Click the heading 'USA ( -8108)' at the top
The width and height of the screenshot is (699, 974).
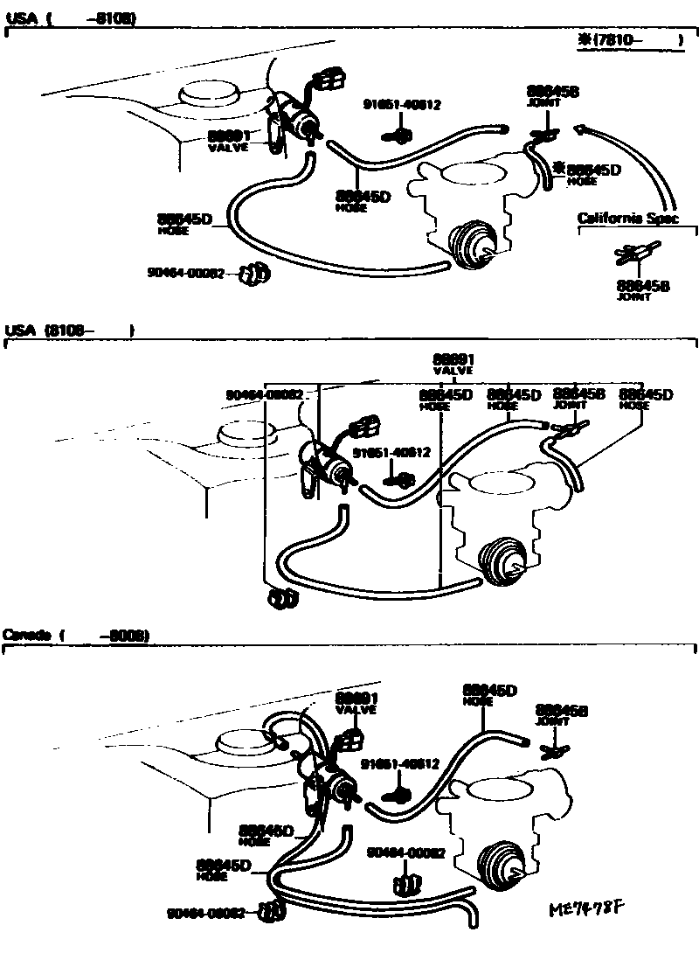coord(70,17)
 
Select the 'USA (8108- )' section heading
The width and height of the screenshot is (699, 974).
coord(70,330)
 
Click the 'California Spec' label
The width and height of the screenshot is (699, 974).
coord(627,218)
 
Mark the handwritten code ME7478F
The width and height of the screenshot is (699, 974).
coord(589,909)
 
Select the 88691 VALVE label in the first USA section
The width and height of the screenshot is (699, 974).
coord(229,141)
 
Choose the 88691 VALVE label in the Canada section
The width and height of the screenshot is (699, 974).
coord(356,703)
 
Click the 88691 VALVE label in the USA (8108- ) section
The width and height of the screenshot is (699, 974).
coord(453,364)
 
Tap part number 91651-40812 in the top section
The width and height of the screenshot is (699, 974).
coord(402,104)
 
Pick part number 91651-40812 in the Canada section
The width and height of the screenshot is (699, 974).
coord(400,763)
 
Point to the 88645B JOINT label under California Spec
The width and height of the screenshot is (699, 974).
coord(642,289)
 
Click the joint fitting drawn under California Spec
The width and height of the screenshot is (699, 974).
coord(633,256)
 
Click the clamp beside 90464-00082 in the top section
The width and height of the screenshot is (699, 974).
coord(255,275)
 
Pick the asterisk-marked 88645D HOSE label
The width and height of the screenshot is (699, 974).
coord(592,174)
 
